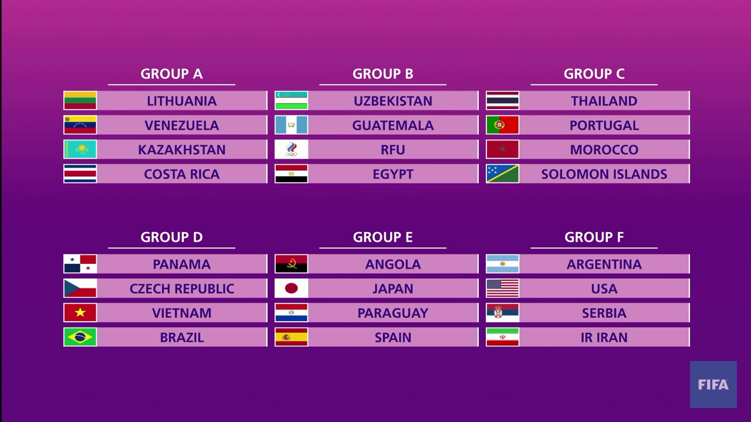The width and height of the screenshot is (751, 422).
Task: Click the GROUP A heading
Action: point(171,74)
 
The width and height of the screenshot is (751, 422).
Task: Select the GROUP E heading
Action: point(383,237)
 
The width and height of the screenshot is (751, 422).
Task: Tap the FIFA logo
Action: point(713,384)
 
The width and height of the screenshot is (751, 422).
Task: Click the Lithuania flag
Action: point(80,101)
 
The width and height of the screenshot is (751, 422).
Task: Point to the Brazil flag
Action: point(80,338)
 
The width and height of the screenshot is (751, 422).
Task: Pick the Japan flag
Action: point(291,288)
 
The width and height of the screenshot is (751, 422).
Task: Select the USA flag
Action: point(502,288)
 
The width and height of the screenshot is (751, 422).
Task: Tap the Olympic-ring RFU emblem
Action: point(291,149)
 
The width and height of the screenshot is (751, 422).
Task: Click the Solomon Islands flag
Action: point(502,174)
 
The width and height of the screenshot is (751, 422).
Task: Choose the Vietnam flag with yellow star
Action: point(80,313)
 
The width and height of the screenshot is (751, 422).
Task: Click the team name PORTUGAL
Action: point(604,125)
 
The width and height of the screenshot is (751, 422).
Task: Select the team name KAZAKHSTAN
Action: point(182,150)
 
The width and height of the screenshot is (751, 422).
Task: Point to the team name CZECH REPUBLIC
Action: point(182,289)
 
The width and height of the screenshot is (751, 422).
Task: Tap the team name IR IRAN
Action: point(604,338)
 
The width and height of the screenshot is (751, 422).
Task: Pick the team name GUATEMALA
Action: point(393,125)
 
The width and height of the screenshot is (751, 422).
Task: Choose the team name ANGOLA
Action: point(393,264)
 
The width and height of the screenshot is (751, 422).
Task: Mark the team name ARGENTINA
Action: point(604,264)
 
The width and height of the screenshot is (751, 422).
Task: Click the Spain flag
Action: point(291,338)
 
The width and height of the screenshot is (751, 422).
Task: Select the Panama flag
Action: point(80,264)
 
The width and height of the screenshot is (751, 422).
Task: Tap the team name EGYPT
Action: point(393,174)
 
